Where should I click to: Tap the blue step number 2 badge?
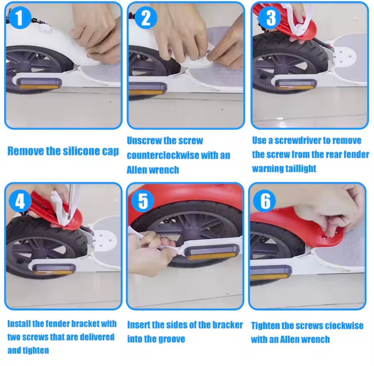point(146,18)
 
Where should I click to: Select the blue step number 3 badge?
point(271,18)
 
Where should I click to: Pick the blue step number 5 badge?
point(143,202)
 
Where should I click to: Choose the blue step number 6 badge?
point(266,201)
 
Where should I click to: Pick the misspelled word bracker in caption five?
point(227,325)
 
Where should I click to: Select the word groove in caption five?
point(172,339)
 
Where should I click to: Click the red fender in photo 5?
point(190,194)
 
